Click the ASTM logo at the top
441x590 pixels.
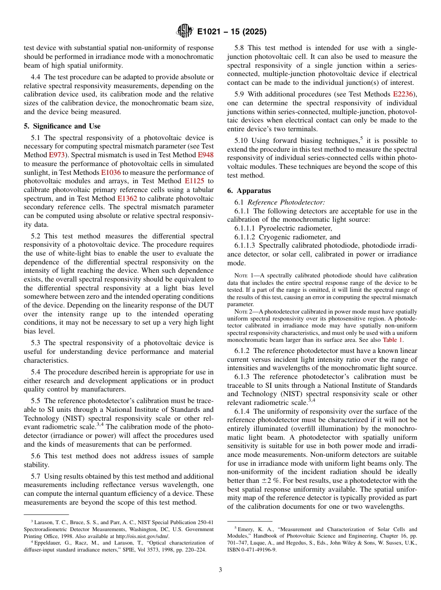185,32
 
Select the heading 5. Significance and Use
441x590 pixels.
62,126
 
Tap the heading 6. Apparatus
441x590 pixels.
249,191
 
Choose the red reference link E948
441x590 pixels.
206,155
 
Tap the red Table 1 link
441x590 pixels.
392,340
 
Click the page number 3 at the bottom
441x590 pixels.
220,570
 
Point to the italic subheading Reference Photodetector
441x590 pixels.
286,202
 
